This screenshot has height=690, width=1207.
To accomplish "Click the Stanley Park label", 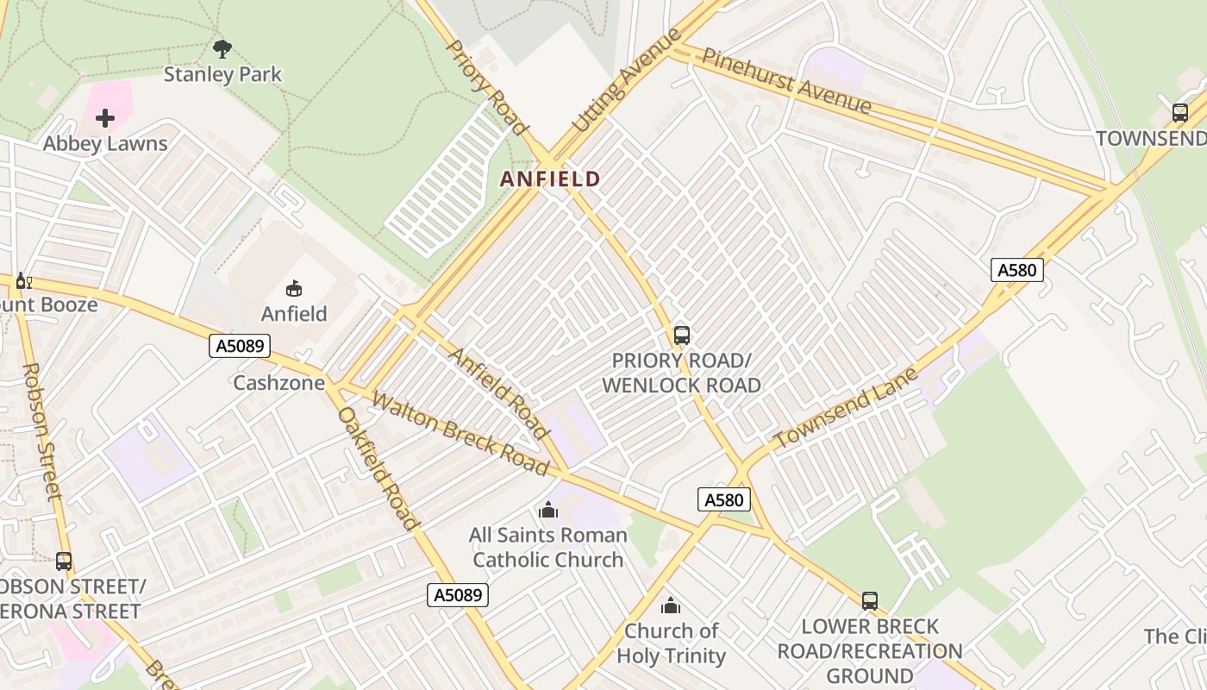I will pos(222,74).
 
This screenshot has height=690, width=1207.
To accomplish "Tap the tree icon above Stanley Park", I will pos(222,48).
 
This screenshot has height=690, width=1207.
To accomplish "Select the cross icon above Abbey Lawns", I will pos(105,118).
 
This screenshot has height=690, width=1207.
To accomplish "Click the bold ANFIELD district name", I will pos(551,179).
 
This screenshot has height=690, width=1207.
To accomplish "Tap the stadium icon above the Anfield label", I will pos(294,288).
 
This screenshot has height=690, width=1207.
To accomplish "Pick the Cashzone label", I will pos(278,383).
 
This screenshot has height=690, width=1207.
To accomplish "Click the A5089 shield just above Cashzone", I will pos(240,346).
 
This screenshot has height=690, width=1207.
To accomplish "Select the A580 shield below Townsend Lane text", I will pos(724,499).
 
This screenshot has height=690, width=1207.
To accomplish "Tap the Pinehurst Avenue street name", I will pos(786,81).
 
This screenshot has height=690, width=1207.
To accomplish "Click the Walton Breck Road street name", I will pos(460,435).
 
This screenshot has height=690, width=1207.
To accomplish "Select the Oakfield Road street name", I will pos(378,468).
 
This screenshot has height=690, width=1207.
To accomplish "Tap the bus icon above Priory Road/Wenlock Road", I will pos(682,335).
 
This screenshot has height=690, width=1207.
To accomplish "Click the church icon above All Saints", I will pos(547,511).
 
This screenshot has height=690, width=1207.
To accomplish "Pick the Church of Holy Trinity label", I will pos(671,643).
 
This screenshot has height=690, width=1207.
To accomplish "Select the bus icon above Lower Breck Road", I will pos(870,600).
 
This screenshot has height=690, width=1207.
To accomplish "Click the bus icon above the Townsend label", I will pos(1180,112).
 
